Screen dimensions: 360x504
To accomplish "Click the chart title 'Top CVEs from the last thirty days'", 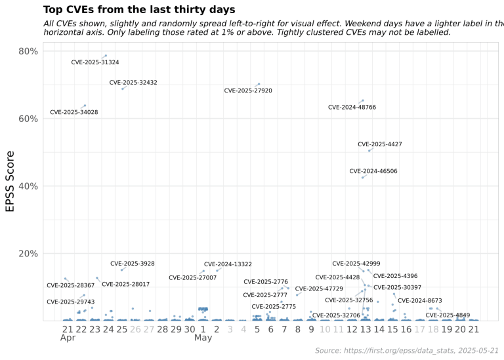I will point(138,10).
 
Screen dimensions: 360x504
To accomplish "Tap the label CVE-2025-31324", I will point(95,63).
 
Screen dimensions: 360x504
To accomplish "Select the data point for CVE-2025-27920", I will point(259,84).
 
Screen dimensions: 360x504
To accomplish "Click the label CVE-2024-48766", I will point(352,107).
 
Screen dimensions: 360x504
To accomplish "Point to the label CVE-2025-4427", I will point(380,144).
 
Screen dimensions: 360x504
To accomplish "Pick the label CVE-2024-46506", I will point(373,171).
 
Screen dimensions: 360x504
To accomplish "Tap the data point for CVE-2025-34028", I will point(85,106).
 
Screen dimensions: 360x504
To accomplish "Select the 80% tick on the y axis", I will point(27,51).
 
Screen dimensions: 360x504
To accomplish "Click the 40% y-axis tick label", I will point(27,186).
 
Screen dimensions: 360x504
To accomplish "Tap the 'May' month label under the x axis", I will point(203,339).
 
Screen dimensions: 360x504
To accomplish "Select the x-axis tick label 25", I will point(122,329).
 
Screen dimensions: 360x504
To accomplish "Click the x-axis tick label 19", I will point(446,329).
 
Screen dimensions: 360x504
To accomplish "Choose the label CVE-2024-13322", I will point(228,264).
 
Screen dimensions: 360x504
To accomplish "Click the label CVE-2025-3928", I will point(133,264).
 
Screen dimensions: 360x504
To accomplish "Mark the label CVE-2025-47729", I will point(319,289).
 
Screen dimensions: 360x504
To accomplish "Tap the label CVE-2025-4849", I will point(448,315).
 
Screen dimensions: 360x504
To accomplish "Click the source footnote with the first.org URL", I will point(407,351).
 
